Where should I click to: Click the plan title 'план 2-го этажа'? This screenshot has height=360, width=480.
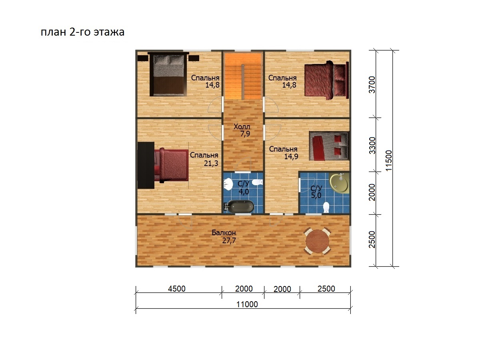pyautogui.click(x=82, y=32)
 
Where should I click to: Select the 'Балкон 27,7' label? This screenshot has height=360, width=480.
pyautogui.click(x=224, y=236)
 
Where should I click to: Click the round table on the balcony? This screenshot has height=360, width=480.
pyautogui.click(x=317, y=241)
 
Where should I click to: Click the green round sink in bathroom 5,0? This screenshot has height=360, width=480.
pyautogui.click(x=339, y=183)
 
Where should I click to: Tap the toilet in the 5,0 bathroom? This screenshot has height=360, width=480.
pyautogui.click(x=326, y=207)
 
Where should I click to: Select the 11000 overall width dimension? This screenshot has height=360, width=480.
pyautogui.click(x=247, y=304)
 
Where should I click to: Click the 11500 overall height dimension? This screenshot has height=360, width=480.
pyautogui.click(x=389, y=160)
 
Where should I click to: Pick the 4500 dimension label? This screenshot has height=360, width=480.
pyautogui.click(x=177, y=289)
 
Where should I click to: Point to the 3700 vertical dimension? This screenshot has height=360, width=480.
pyautogui.click(x=372, y=84)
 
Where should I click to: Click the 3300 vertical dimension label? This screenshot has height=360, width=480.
pyautogui.click(x=372, y=145)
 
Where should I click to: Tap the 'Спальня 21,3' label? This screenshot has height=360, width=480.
pyautogui.click(x=204, y=159)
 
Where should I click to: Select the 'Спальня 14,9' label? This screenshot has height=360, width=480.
pyautogui.click(x=284, y=152)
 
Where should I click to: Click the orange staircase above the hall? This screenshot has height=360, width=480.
pyautogui.click(x=243, y=76)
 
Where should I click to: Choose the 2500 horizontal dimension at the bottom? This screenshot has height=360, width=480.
pyautogui.click(x=326, y=289)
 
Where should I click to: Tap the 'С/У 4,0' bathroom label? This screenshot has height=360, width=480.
pyautogui.click(x=243, y=188)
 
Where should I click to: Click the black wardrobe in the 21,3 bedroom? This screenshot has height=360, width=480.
pyautogui.click(x=146, y=165)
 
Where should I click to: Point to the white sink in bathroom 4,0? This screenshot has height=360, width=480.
pyautogui.click(x=229, y=184)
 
